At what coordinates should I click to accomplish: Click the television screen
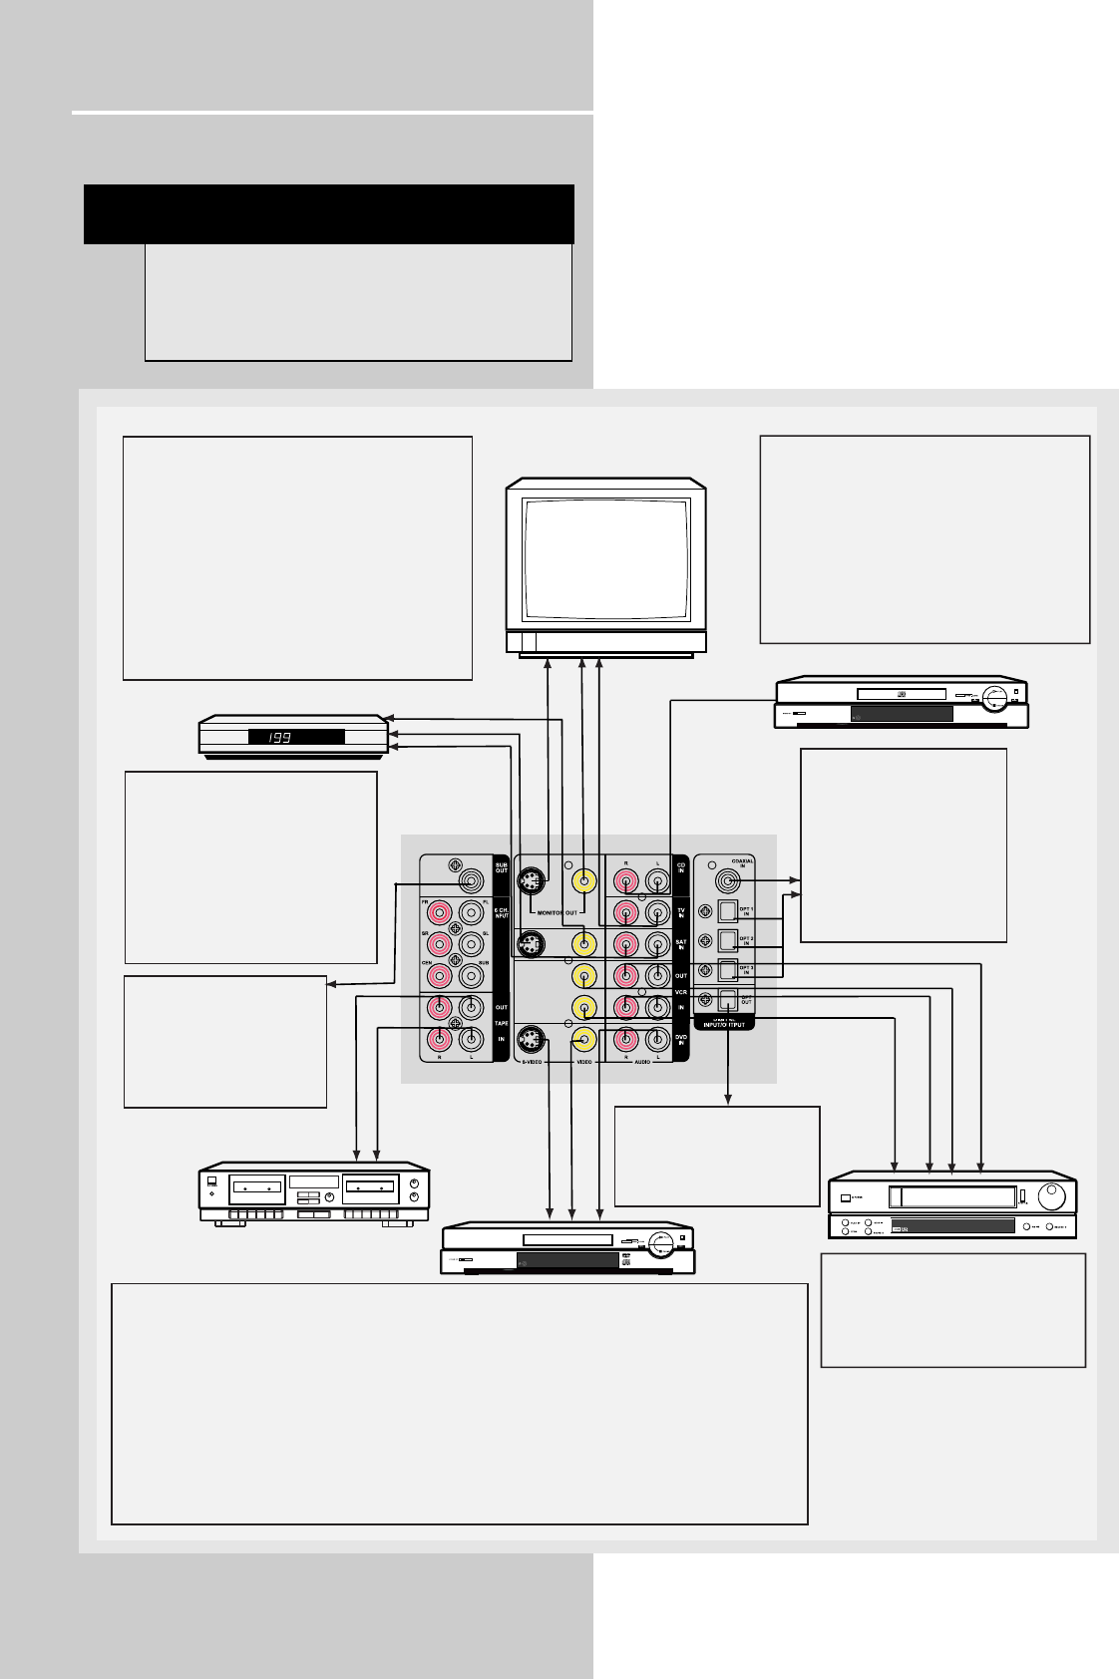(606, 559)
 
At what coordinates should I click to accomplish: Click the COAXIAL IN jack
(728, 881)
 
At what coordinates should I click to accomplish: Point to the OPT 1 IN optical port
(728, 910)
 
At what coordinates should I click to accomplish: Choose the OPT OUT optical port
(728, 1000)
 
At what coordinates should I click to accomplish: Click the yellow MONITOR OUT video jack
(584, 881)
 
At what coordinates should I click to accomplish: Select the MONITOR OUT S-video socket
(531, 881)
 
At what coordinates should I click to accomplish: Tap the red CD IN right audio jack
(626, 881)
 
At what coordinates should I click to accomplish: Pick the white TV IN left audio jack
(657, 912)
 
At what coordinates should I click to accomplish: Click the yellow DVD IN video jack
(584, 1040)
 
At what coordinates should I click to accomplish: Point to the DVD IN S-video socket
(531, 1040)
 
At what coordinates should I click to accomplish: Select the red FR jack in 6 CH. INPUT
(440, 912)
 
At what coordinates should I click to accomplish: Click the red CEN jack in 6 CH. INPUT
(440, 976)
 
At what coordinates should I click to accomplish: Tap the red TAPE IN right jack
(440, 1040)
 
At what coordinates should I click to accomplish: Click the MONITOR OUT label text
(558, 913)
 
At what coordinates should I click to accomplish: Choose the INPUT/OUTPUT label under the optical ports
(724, 1025)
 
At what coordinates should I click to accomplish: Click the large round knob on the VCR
(1051, 1195)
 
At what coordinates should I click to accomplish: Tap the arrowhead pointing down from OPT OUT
(728, 1100)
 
